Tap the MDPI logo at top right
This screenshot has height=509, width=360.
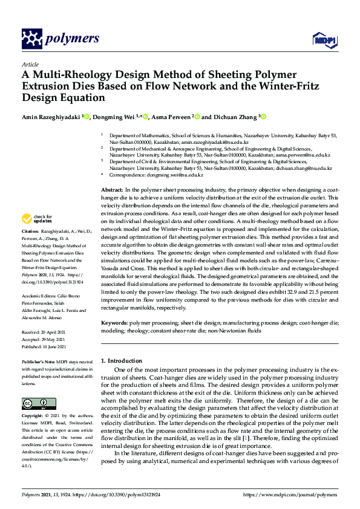(x=322, y=39)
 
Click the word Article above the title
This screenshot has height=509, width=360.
(x=30, y=64)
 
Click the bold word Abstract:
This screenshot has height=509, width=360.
(x=113, y=190)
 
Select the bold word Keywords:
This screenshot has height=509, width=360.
(x=114, y=324)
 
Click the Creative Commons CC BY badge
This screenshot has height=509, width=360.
(x=34, y=403)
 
